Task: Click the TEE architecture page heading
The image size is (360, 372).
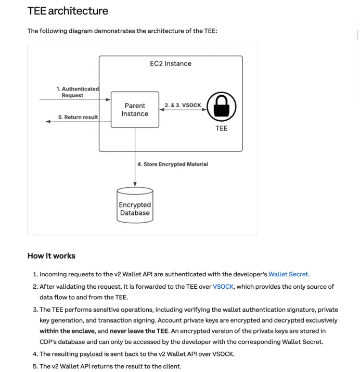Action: point(68,10)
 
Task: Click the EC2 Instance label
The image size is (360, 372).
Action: point(170,63)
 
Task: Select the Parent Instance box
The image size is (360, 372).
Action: point(135,109)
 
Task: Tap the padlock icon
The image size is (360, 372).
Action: point(222,107)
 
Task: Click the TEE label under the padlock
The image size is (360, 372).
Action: point(222,128)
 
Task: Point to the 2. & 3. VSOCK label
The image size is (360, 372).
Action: point(183,105)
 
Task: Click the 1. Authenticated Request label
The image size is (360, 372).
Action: point(77,92)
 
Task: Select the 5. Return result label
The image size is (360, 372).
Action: point(78,117)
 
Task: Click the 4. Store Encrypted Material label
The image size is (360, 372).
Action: point(172,164)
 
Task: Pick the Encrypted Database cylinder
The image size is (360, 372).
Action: point(135,206)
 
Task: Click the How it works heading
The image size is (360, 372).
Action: point(51,256)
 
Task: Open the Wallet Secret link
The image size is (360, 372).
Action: point(288,274)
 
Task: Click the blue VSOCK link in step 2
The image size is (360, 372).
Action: point(223,287)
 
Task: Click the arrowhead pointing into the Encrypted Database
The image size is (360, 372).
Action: point(135,184)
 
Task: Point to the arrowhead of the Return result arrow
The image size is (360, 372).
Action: point(48,121)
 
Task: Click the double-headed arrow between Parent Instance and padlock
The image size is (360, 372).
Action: point(182,110)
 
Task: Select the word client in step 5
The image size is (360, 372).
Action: point(170,367)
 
